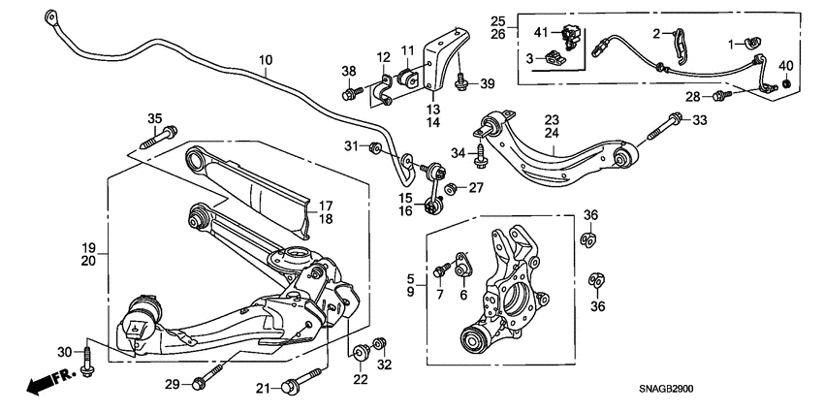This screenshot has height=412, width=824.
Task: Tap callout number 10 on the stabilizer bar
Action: click(265, 60)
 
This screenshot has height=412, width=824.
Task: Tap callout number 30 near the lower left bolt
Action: click(64, 351)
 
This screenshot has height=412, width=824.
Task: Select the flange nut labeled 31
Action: click(374, 147)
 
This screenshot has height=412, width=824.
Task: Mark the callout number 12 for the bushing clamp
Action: click(383, 57)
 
